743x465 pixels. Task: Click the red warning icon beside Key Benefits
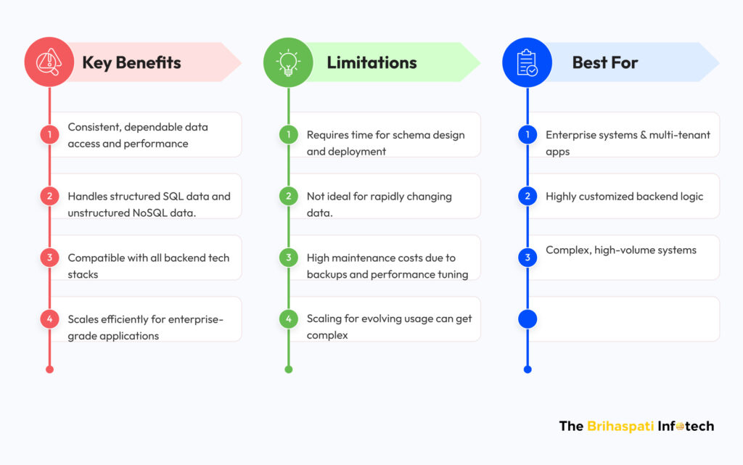click(x=49, y=62)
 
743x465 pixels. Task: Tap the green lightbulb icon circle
click(x=288, y=62)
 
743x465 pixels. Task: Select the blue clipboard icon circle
click(x=527, y=62)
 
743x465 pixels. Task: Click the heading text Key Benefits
click(x=131, y=62)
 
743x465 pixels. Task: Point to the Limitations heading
click(x=371, y=62)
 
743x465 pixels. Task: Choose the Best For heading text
click(x=604, y=62)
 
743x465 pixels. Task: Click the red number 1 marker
click(x=50, y=134)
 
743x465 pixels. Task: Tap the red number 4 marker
click(x=50, y=319)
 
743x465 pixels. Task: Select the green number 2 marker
click(x=289, y=196)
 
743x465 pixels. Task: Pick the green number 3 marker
click(x=289, y=258)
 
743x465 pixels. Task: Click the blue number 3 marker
click(x=528, y=258)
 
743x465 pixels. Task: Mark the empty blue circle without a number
click(x=528, y=319)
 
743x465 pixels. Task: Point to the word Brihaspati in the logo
click(x=620, y=426)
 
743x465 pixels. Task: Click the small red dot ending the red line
click(x=50, y=369)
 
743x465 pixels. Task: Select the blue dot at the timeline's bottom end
click(x=528, y=369)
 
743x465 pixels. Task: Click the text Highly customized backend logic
click(x=624, y=197)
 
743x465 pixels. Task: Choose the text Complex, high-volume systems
click(x=621, y=250)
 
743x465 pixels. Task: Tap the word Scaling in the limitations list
click(x=324, y=318)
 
